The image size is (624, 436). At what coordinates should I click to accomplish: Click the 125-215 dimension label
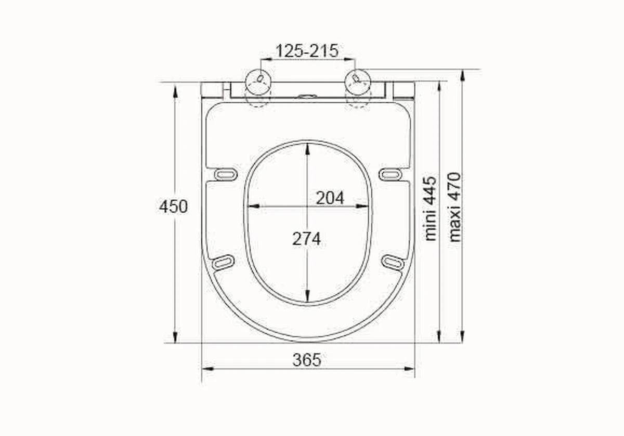click(x=307, y=51)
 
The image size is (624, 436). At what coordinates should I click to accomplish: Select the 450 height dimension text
click(x=173, y=207)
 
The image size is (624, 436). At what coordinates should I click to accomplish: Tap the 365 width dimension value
click(x=307, y=359)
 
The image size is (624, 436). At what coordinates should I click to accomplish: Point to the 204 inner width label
click(x=330, y=198)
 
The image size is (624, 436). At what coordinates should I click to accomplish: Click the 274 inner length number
click(x=306, y=239)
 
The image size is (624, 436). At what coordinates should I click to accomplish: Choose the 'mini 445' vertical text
click(x=431, y=208)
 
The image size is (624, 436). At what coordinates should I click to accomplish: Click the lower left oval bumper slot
click(x=223, y=262)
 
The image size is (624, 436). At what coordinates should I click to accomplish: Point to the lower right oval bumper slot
click(x=393, y=263)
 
